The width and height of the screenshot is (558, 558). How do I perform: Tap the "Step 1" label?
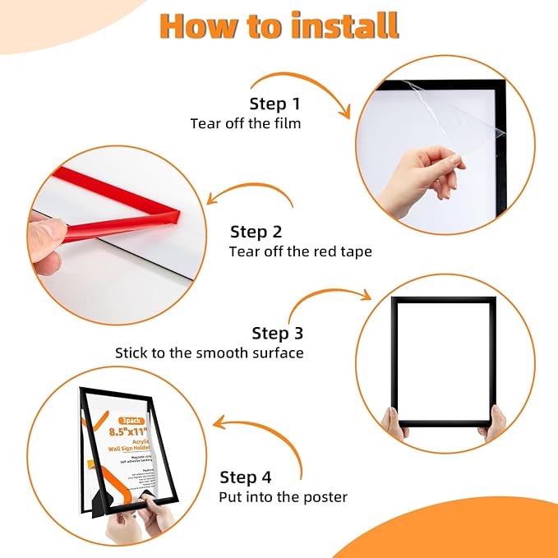pyautogui.click(x=274, y=104)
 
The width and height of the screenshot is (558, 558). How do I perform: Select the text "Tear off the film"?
pyautogui.click(x=246, y=124)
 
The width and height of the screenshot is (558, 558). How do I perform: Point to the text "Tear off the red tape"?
pyautogui.click(x=300, y=251)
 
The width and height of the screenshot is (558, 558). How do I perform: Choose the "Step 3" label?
pyautogui.click(x=277, y=333)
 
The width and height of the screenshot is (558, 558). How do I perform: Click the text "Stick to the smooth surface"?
pyautogui.click(x=209, y=353)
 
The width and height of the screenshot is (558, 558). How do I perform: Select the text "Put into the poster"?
pyautogui.click(x=283, y=497)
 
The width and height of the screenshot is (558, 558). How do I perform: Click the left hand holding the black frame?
pyautogui.click(x=395, y=423)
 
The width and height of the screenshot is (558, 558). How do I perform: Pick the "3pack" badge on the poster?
pyautogui.click(x=131, y=420)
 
